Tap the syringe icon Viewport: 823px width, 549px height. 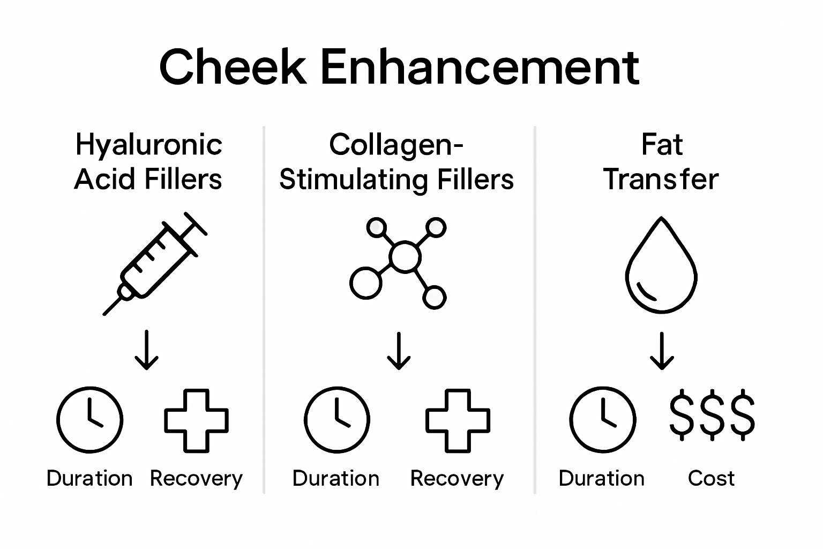155,263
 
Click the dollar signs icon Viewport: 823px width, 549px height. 712,416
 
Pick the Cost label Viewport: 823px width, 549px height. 711,478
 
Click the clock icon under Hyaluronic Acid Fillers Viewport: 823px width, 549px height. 90,420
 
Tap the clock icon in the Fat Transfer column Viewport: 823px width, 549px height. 602,420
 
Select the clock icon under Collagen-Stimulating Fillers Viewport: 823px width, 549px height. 336,420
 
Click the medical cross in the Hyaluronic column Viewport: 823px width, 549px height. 196,420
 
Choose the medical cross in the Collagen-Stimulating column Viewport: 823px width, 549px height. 458,420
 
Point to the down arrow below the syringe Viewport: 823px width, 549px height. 146,351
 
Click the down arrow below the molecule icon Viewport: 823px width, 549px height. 399,351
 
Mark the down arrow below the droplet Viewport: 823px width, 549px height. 662,351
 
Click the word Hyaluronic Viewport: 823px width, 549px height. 148,145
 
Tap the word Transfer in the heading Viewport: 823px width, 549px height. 661,179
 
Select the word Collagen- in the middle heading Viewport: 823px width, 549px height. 396,145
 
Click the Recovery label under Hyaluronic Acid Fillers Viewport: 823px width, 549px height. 196,478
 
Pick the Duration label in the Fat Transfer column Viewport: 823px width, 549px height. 602,478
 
